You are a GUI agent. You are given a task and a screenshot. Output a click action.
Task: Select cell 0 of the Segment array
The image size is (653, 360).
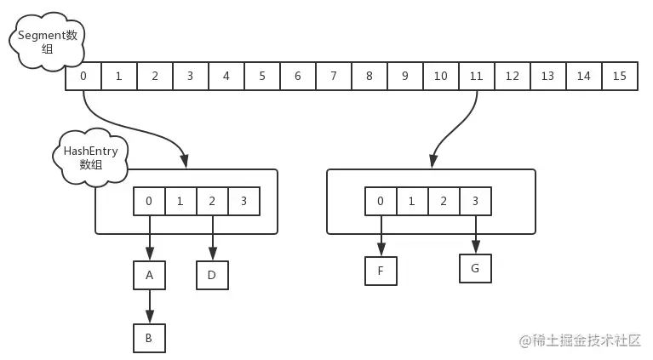83,77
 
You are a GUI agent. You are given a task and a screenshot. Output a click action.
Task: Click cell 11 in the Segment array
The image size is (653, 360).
476,77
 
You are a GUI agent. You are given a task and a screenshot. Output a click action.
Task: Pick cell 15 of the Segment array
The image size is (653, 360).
619,77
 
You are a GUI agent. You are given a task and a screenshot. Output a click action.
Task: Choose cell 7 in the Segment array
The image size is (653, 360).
333,77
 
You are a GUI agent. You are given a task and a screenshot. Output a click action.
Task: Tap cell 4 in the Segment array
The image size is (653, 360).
226,77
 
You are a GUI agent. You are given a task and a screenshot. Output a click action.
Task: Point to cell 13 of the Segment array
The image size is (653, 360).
547,77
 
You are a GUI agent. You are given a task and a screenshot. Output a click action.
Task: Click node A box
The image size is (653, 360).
149,275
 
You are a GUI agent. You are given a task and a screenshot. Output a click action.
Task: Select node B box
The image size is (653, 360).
149,337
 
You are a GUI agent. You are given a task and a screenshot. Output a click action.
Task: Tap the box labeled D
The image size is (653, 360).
213,275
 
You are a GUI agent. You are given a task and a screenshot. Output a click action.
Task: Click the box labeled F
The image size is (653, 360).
381,271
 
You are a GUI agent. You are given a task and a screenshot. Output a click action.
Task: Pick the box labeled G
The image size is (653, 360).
475,269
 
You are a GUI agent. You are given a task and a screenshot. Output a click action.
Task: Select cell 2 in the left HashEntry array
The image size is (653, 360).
212,202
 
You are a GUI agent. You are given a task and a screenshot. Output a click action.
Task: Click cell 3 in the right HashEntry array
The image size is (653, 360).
475,202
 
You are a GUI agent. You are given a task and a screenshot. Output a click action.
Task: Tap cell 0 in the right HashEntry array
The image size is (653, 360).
381,202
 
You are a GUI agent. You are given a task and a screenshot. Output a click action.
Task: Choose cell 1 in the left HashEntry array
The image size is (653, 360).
180,202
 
